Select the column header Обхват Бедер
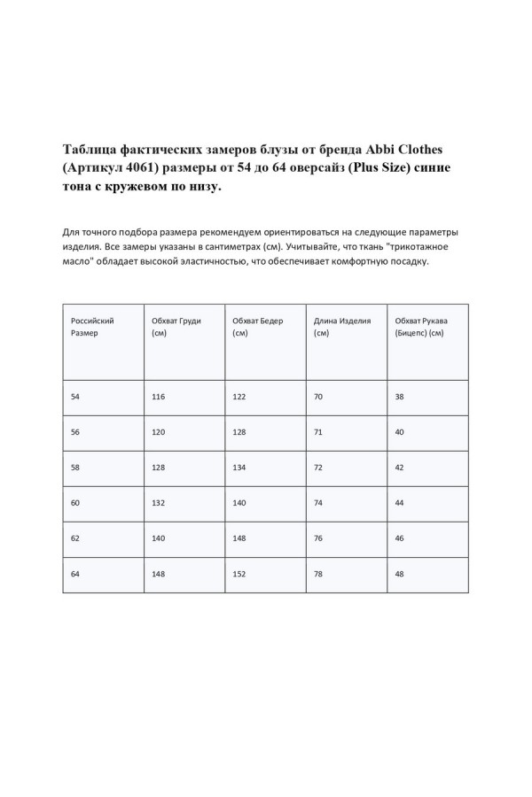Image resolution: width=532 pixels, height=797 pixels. pos(257,327)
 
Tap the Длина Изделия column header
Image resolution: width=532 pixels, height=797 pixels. pos(342,327)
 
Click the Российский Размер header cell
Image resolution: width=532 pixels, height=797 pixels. pos(92,327)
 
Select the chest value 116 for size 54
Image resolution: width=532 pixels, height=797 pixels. pos(159,398)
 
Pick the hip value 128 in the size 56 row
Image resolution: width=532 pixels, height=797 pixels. pos(239,432)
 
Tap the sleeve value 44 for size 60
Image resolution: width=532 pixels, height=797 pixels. pos(400,502)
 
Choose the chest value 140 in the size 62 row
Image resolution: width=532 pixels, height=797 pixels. pos(159,538)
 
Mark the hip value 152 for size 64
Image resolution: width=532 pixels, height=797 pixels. pos(239,573)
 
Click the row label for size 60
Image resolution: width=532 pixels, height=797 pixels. pos(75,502)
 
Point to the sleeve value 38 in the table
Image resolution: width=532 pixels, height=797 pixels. pos(400,398)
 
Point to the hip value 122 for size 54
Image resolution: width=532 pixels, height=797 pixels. pos(239,398)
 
